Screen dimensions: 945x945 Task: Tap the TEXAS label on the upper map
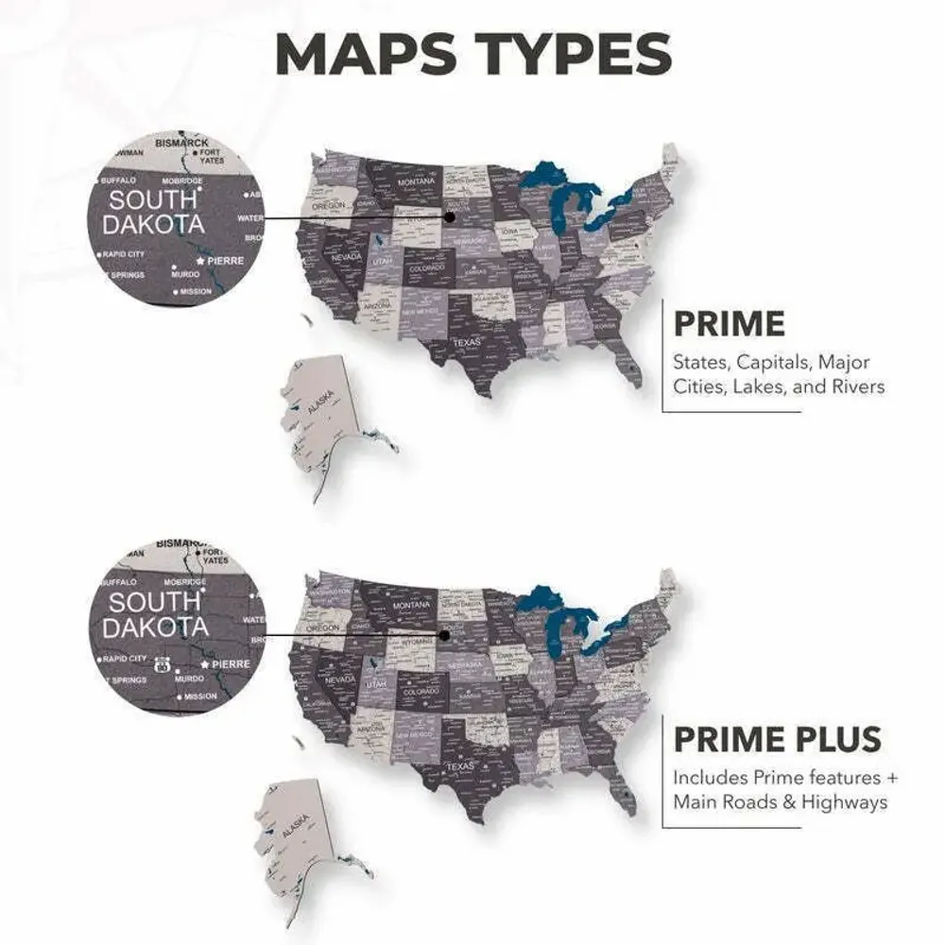(x=466, y=342)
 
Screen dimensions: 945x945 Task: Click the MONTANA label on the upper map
(x=416, y=181)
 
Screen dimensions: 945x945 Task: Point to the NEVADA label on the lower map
(x=340, y=679)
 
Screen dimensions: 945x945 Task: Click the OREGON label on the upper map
(x=329, y=205)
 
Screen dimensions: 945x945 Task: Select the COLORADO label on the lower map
(x=421, y=693)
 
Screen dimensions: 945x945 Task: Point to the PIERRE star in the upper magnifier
(x=200, y=260)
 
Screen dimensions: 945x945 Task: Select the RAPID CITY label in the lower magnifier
(x=125, y=659)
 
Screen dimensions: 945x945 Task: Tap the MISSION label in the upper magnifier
(x=197, y=292)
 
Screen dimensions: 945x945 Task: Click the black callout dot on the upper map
(x=450, y=216)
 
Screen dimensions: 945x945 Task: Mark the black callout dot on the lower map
(x=443, y=636)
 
